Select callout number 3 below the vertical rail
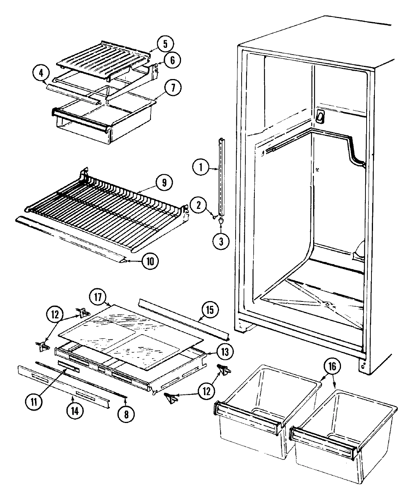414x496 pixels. [221, 242]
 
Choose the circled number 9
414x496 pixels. [164, 183]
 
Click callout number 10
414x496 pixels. [150, 262]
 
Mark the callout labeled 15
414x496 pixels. [209, 310]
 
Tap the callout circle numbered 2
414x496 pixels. [200, 205]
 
